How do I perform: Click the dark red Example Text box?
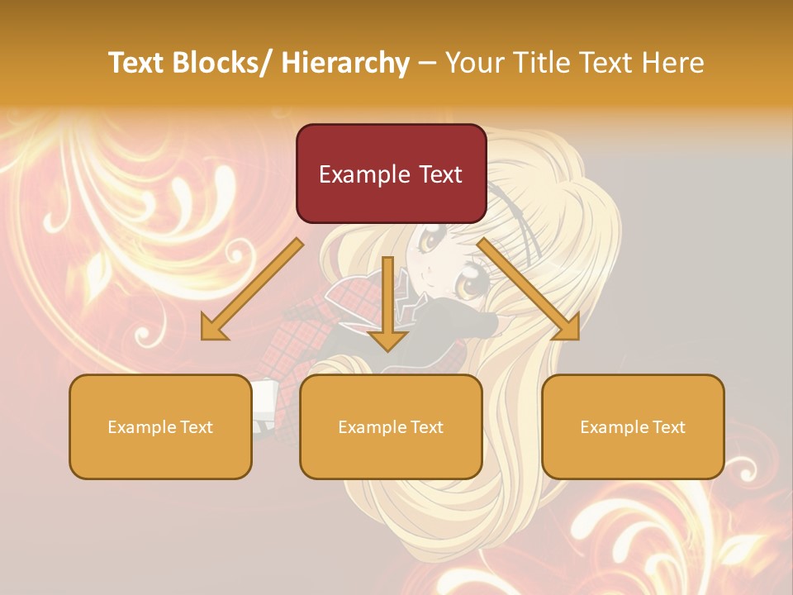click(391, 174)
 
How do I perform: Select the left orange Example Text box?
click(160, 426)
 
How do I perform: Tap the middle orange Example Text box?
click(390, 426)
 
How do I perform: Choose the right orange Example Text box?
click(633, 426)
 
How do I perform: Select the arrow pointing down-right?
click(529, 289)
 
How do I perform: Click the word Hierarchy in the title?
click(345, 63)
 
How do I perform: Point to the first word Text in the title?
click(138, 63)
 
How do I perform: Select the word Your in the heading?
click(473, 63)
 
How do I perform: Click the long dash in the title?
click(427, 63)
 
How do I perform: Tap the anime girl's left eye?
click(430, 242)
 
